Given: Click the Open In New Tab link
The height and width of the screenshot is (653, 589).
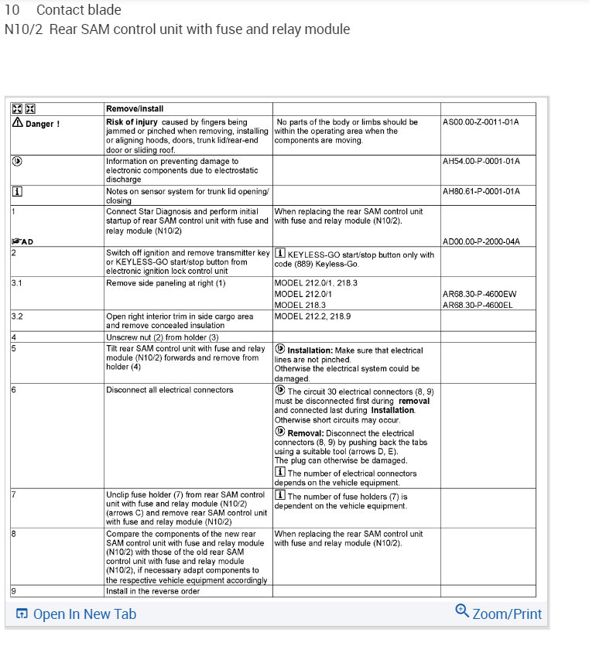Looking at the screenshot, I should (x=84, y=614).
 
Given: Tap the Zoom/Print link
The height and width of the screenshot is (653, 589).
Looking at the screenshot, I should (x=507, y=614).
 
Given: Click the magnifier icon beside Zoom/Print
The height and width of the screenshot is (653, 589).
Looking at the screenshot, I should (x=462, y=611).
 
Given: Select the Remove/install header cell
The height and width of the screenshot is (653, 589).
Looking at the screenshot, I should (x=135, y=109).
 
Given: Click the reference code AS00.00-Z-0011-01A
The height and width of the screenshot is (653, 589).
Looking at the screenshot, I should (x=481, y=122).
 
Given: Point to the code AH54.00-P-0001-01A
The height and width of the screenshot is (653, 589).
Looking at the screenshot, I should (x=481, y=161).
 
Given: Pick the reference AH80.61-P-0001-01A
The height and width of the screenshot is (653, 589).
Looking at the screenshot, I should (x=481, y=190).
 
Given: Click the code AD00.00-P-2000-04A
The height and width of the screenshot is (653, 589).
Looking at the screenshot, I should (x=481, y=241).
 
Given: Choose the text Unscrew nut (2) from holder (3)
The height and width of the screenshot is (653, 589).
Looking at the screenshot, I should (x=162, y=337).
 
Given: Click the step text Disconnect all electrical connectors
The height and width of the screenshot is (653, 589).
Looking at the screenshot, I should (x=170, y=389).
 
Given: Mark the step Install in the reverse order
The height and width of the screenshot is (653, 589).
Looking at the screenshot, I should (x=152, y=591).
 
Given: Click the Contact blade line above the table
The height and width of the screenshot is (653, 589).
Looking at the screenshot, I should (x=78, y=11).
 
